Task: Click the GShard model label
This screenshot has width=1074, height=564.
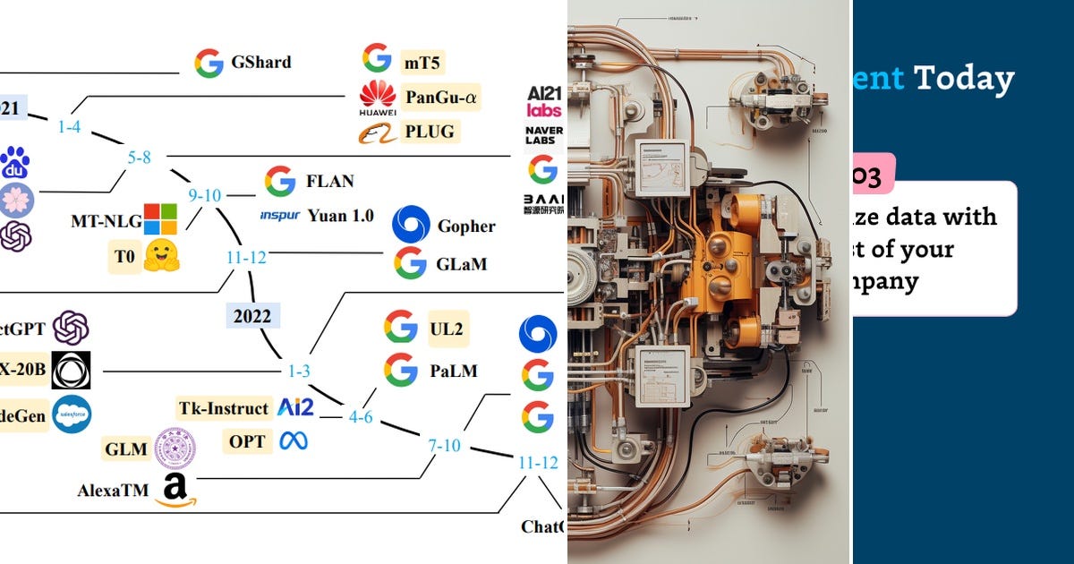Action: coord(260,63)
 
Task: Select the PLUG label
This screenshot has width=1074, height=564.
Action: coord(430,132)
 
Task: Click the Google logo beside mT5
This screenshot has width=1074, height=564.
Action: coord(377,59)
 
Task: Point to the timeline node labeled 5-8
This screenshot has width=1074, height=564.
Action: coord(139,157)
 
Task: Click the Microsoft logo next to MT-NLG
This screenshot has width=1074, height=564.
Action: coord(161,218)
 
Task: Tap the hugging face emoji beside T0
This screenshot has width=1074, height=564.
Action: coord(162,255)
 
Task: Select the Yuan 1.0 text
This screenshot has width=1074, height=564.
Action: coord(340,215)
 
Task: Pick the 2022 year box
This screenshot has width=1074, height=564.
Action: coord(252,316)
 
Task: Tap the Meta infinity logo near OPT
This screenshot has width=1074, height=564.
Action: coord(293,441)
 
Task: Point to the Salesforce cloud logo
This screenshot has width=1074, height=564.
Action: coord(72,414)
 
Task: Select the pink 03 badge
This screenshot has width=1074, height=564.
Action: coord(873,174)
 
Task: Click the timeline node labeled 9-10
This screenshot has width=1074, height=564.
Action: coord(205,194)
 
